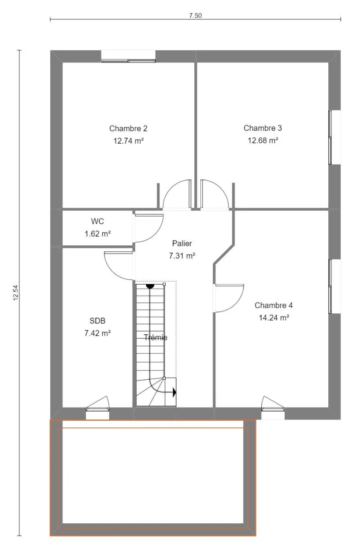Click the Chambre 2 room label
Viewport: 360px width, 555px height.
pyautogui.click(x=128, y=128)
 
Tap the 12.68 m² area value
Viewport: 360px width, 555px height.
pyautogui.click(x=263, y=141)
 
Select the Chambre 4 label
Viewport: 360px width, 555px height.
pyautogui.click(x=274, y=305)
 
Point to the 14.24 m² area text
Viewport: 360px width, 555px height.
pyautogui.click(x=274, y=318)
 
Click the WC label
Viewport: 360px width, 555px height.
pyautogui.click(x=97, y=221)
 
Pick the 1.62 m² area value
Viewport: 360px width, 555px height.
pyautogui.click(x=97, y=233)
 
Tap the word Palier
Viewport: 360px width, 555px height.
pyautogui.click(x=182, y=243)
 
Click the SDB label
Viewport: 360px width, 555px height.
pyautogui.click(x=97, y=321)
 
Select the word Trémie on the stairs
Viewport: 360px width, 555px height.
pyautogui.click(x=156, y=337)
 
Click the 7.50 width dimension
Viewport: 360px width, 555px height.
pyautogui.click(x=195, y=15)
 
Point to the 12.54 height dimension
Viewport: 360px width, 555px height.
pyautogui.click(x=15, y=293)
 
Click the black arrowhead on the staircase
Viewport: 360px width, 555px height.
pyautogui.click(x=174, y=392)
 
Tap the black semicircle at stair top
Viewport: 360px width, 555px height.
pyautogui.click(x=150, y=286)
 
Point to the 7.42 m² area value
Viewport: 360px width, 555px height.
pyautogui.click(x=97, y=333)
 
